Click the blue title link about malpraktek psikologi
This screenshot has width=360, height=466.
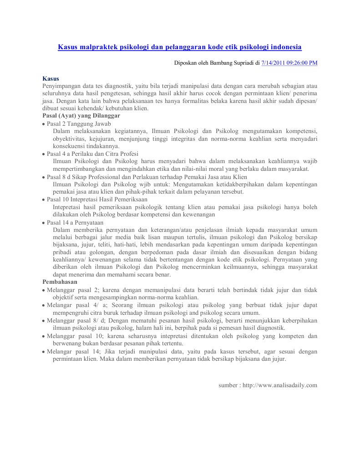pyautogui.click(x=179, y=47)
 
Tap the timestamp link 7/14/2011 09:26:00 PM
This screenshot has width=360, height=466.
pyautogui.click(x=289, y=63)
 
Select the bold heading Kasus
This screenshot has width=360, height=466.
pyautogui.click(x=51, y=78)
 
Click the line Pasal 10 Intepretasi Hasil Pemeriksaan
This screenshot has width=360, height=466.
pyautogui.click(x=97, y=200)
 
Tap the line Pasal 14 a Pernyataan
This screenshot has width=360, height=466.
pyautogui.click(x=75, y=222)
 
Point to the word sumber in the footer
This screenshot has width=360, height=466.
pyautogui.click(x=228, y=385)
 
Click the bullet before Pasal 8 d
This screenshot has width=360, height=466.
pyautogui.click(x=43, y=177)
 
